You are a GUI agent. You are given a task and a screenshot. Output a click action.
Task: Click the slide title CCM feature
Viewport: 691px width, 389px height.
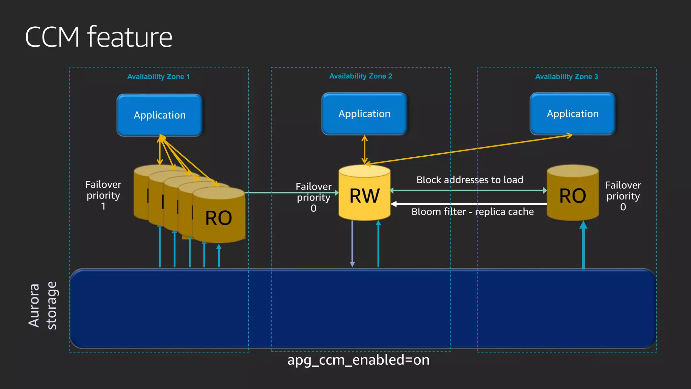(x=99, y=37)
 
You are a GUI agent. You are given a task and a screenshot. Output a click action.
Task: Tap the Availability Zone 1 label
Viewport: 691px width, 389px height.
(x=158, y=77)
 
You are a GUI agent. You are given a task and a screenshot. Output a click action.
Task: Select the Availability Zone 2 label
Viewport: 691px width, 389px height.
(x=360, y=76)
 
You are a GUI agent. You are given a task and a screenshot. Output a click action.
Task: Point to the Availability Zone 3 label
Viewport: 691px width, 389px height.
(x=566, y=77)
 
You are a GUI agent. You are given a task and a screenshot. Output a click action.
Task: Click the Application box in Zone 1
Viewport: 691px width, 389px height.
(x=160, y=115)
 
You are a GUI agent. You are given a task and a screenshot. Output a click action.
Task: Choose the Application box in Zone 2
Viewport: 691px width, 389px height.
(x=364, y=114)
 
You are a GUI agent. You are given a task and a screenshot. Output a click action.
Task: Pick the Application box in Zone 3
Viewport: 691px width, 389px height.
(x=573, y=114)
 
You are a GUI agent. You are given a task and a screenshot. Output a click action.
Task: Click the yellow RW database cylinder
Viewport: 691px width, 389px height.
(x=364, y=196)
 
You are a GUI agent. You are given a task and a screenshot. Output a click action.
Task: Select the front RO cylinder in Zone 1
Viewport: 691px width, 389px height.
(x=219, y=218)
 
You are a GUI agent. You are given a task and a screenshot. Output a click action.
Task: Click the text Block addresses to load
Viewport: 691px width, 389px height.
(x=470, y=180)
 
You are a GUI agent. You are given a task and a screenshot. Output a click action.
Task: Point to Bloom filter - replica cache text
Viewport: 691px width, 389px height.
(x=472, y=212)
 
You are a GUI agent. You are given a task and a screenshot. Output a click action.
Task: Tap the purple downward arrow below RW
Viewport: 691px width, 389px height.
(x=352, y=243)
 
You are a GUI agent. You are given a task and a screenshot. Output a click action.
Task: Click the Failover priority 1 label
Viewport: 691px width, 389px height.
(x=103, y=195)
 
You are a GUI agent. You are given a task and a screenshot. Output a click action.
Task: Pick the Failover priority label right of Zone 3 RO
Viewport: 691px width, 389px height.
(x=623, y=196)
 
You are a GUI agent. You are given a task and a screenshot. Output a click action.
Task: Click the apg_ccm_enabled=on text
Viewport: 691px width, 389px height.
(x=358, y=360)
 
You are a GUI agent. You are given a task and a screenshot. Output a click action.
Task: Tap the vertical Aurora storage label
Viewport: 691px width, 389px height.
(x=43, y=305)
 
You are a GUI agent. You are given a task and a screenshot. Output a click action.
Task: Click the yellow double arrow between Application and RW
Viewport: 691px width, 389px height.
(x=364, y=150)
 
